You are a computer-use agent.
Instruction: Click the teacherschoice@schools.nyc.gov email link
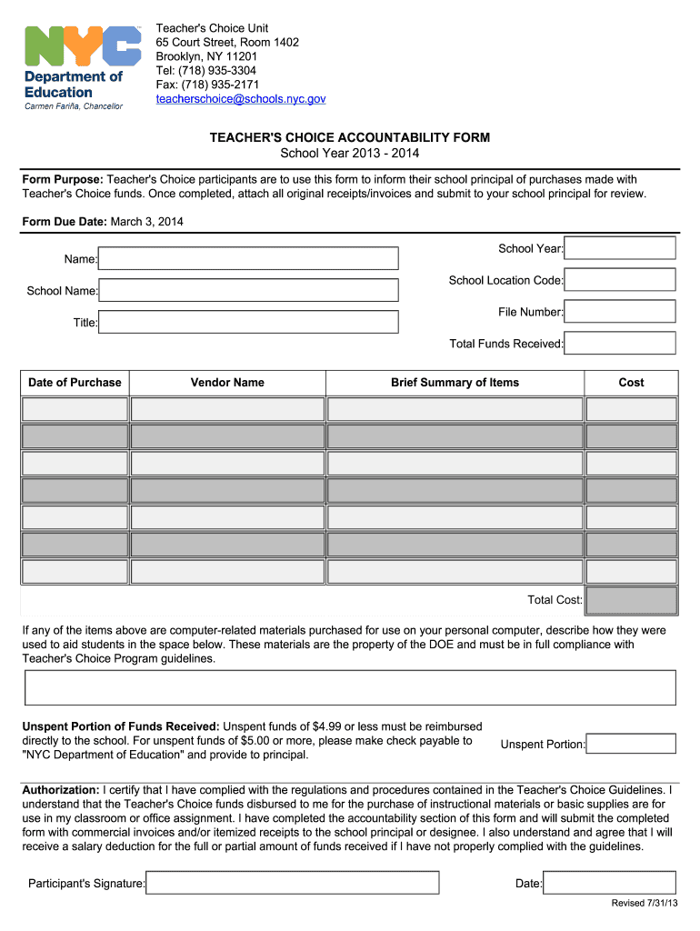[240, 98]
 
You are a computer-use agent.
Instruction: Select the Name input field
[248, 259]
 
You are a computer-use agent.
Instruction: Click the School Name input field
[248, 291]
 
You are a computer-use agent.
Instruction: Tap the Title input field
[248, 322]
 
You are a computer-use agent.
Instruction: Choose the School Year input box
[621, 248]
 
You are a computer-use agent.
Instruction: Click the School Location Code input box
[621, 280]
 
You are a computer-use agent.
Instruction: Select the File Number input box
[621, 312]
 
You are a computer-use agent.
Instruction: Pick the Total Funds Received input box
[621, 344]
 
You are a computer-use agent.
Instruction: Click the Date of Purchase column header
[75, 383]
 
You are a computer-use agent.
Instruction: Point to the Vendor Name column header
[227, 383]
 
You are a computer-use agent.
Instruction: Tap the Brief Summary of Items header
[455, 383]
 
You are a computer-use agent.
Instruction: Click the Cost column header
[631, 383]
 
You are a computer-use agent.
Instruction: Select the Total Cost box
[631, 600]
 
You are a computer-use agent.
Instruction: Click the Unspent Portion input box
[631, 744]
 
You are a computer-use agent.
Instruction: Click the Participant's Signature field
[293, 883]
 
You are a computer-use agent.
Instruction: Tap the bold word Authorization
[61, 790]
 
